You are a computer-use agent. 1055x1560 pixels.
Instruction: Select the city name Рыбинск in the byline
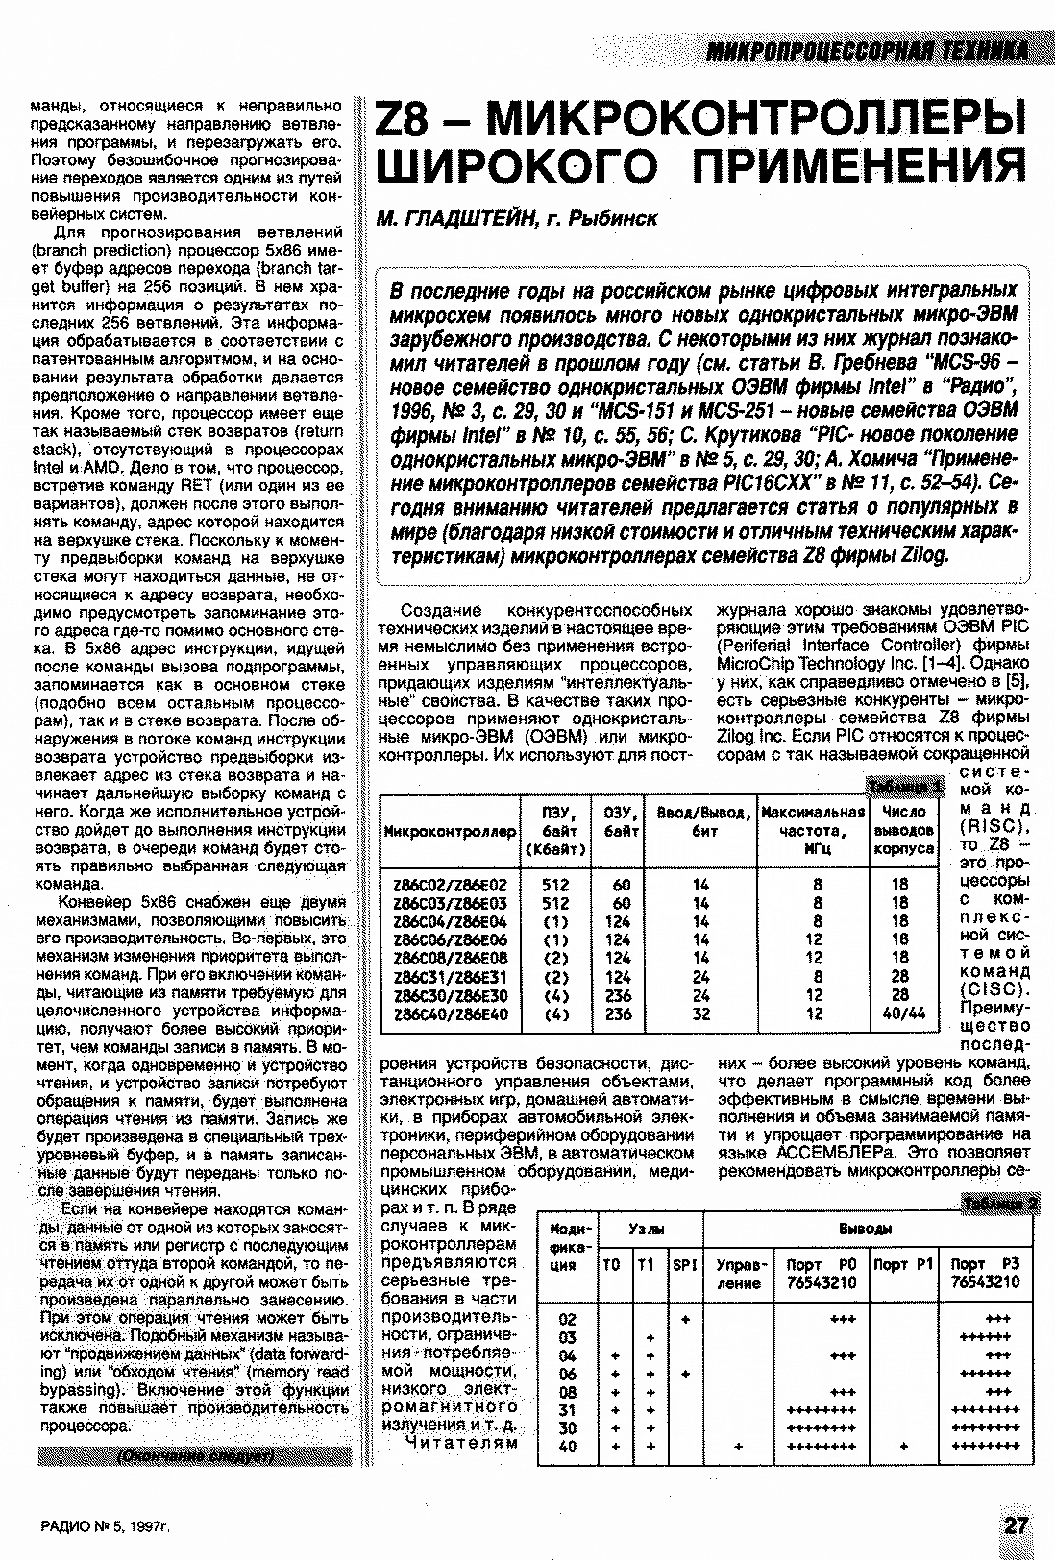coord(614,219)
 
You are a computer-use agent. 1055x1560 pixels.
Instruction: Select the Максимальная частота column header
coord(812,831)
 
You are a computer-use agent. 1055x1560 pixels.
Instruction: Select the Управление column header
coord(739,1274)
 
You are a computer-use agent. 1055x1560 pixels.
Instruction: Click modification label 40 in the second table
coord(567,1446)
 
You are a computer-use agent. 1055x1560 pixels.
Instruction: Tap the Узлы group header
coord(650,1230)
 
